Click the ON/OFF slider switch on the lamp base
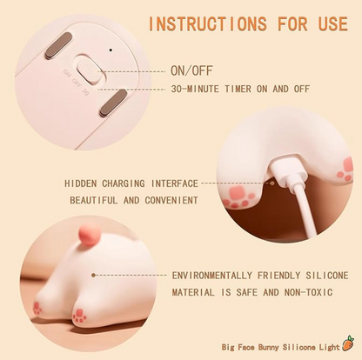89,70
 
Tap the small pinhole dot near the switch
111,50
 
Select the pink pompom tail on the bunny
90,235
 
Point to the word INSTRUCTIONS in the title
207,23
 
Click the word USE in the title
333,23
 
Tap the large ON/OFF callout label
191,70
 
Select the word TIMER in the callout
238,89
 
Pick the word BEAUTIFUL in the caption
94,200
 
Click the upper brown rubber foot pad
58,45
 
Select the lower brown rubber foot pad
113,103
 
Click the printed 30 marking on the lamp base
85,92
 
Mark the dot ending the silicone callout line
93,275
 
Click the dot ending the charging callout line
272,183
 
